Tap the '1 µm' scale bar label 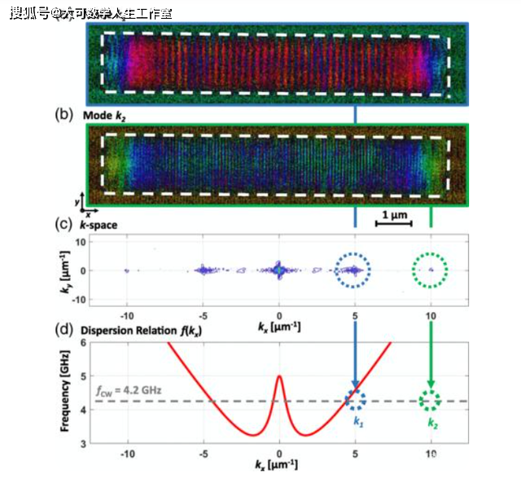pos(392,214)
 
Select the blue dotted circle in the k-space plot pos(355,270)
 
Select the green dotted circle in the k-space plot pos(431,270)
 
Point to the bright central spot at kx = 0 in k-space pos(279,269)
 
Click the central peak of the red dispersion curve pos(279,376)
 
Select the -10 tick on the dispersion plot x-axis pos(127,454)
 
